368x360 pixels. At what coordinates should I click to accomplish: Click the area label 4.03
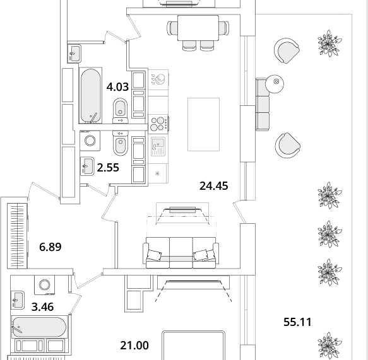click(117, 87)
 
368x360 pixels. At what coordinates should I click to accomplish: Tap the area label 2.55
click(108, 168)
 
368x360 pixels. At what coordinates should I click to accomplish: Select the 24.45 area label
click(213, 186)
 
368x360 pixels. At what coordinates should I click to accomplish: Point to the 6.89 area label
click(50, 247)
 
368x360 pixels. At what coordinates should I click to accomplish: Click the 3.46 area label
click(42, 307)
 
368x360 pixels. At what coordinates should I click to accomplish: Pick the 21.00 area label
click(134, 345)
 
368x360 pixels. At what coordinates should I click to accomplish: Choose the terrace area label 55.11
click(297, 322)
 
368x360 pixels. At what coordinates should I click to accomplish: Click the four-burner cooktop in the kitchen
click(158, 124)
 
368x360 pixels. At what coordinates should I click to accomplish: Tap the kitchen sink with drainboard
click(158, 147)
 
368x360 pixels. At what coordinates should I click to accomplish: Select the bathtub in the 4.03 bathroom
click(90, 95)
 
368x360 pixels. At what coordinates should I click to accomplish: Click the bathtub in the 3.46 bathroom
click(39, 327)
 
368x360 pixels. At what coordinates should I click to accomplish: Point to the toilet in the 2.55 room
click(121, 143)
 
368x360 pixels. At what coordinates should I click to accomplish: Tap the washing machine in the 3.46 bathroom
click(45, 285)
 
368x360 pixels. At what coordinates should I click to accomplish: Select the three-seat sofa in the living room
click(181, 253)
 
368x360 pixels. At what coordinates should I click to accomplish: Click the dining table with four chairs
click(198, 32)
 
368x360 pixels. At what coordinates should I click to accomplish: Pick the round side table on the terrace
click(275, 84)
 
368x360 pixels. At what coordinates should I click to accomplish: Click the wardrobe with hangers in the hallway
click(18, 236)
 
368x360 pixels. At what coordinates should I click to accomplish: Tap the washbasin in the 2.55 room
click(87, 166)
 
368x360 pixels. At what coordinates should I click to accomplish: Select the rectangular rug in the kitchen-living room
click(203, 124)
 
